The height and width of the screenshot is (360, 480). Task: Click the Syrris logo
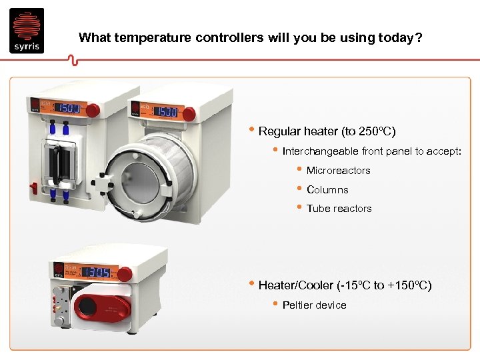27,31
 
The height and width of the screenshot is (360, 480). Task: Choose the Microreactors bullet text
338,171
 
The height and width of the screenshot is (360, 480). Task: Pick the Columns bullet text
327,189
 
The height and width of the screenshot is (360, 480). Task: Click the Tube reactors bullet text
339,209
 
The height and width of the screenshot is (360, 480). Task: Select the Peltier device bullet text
314,305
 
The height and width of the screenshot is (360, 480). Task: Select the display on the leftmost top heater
68,108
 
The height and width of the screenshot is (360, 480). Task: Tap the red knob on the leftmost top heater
94,109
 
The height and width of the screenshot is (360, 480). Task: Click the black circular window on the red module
87,307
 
